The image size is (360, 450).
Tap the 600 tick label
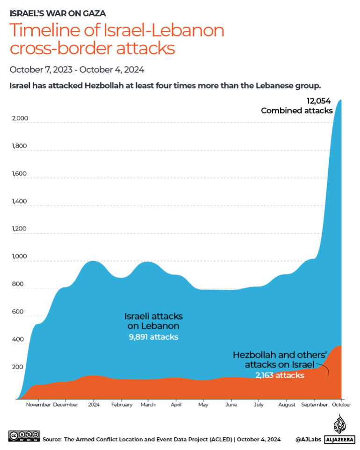pyautogui.click(x=17, y=312)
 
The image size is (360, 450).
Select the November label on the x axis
pyautogui.click(x=38, y=405)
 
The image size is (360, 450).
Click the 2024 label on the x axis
pyautogui.click(x=94, y=405)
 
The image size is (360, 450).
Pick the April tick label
pyautogui.click(x=176, y=405)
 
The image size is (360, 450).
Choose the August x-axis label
pyautogui.click(x=286, y=405)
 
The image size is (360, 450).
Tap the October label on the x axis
pyautogui.click(x=342, y=405)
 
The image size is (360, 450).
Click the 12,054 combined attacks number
pyautogui.click(x=319, y=101)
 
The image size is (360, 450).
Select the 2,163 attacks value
pyautogui.click(x=280, y=375)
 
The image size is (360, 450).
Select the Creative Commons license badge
pyautogui.click(x=24, y=436)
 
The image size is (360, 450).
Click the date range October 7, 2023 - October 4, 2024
pyautogui.click(x=77, y=70)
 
